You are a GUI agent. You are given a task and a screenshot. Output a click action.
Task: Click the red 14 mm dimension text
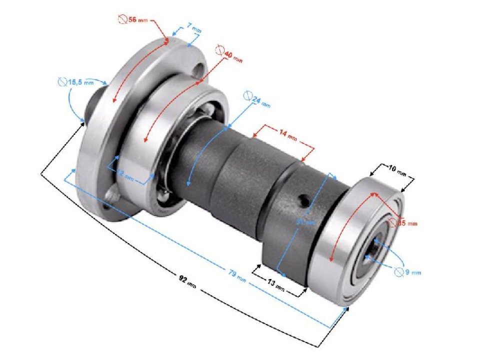tap(288, 135)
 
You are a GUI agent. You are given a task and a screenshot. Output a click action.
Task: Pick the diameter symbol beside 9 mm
tap(398, 271)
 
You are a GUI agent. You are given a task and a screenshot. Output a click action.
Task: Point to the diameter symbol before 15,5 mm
tap(62, 81)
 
